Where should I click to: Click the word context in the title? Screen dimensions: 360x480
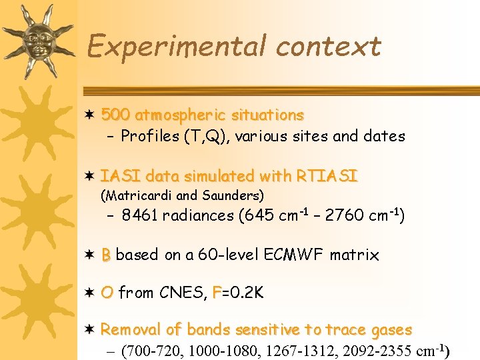click(x=328, y=47)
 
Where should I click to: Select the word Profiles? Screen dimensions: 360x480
click(x=151, y=137)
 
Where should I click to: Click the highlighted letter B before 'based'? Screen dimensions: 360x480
click(x=106, y=255)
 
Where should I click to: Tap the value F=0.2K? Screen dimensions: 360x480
click(x=237, y=293)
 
